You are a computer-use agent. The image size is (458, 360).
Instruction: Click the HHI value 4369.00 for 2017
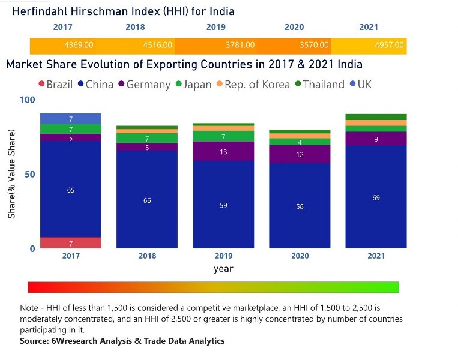pyautogui.click(x=79, y=45)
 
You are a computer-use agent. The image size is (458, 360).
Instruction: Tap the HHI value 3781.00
pyautogui.click(x=240, y=45)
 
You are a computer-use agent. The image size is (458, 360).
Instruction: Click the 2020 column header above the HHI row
pyautogui.click(x=294, y=27)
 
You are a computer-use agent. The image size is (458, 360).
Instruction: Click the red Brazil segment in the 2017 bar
pyautogui.click(x=70, y=243)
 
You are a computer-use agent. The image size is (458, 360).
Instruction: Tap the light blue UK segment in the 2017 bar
pyautogui.click(x=70, y=118)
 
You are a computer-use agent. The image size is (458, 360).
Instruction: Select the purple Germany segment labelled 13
pyautogui.click(x=223, y=152)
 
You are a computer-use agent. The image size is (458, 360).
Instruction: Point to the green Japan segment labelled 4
pyautogui.click(x=300, y=142)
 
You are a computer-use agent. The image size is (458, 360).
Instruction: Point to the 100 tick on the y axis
pyautogui.click(x=28, y=100)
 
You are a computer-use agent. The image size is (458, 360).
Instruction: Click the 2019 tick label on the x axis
pyautogui.click(x=223, y=256)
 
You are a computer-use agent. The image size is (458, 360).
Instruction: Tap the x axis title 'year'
pyautogui.click(x=223, y=268)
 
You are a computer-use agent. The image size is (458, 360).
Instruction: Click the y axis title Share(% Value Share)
pyautogui.click(x=12, y=174)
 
